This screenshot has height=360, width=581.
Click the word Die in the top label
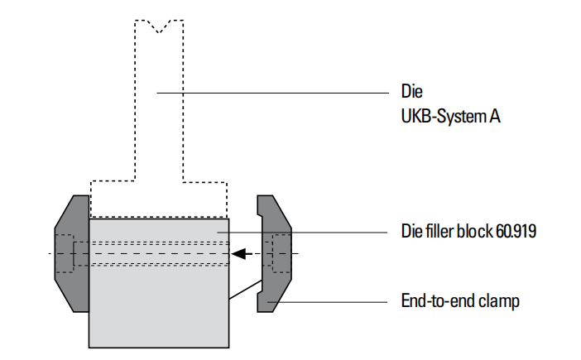pos(411,91)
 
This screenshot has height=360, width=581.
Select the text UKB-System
pos(444,117)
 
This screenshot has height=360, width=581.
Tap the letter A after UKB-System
pos(495,117)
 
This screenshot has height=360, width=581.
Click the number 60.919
pos(516,231)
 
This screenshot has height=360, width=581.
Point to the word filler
pos(439,231)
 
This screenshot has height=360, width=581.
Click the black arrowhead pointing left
pos(238,254)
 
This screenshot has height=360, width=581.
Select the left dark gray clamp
pos(72,253)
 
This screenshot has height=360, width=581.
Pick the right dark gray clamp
pos(274,253)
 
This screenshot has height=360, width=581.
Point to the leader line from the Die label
pos(273,93)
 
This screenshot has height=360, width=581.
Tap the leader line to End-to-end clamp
pos(328,302)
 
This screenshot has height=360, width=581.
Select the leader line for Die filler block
pos(302,233)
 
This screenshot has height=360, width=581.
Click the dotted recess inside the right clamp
pos(281,253)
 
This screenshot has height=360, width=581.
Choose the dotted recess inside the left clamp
pos(65,253)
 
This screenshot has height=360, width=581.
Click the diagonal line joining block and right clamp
pos(246,290)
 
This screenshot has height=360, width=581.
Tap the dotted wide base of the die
pos(159,199)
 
